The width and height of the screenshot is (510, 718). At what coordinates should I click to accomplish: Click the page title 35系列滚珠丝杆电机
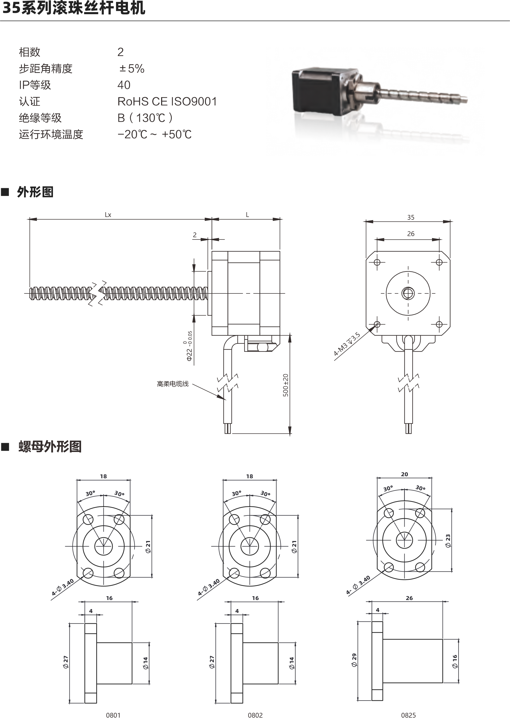click(x=74, y=8)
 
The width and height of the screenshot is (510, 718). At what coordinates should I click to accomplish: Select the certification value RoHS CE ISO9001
click(x=167, y=101)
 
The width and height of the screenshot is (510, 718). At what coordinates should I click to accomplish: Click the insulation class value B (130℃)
click(x=145, y=118)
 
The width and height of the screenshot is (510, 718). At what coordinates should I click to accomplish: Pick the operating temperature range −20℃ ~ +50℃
click(x=155, y=134)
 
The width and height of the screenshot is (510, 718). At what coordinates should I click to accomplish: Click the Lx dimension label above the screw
click(x=108, y=215)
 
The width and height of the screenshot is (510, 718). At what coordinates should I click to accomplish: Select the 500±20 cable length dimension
click(x=286, y=385)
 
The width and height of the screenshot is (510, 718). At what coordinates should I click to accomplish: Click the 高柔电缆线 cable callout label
click(x=173, y=384)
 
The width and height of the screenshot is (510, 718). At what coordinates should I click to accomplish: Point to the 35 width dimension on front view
click(x=410, y=217)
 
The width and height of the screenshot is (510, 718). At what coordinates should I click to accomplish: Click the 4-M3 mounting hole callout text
click(x=347, y=345)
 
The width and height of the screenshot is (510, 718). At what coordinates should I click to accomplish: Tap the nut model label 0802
click(x=255, y=715)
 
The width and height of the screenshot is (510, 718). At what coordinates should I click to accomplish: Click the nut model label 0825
click(x=408, y=715)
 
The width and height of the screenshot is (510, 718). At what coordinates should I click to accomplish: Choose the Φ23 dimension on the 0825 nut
click(x=448, y=541)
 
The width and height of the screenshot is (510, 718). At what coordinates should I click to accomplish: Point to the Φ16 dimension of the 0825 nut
click(x=455, y=661)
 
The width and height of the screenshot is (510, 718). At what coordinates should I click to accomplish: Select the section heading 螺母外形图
click(x=50, y=447)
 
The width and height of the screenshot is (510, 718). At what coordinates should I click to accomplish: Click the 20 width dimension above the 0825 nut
click(x=405, y=474)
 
